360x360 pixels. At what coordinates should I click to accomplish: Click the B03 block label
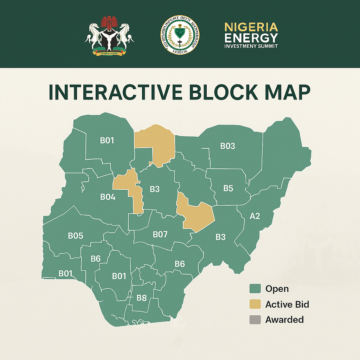(227, 146)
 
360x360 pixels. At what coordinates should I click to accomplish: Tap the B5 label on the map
(228, 188)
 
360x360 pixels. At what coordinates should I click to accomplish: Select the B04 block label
(108, 197)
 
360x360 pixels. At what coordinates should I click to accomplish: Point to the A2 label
(255, 216)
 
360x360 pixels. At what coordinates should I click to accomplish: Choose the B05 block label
(76, 236)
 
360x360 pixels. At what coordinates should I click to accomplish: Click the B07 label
(160, 234)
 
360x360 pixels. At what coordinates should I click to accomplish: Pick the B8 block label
(141, 298)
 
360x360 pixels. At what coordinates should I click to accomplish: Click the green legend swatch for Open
(255, 289)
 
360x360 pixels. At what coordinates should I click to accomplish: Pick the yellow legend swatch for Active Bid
(255, 304)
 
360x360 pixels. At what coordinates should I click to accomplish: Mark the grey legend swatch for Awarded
(255, 320)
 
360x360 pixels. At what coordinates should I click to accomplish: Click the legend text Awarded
(284, 320)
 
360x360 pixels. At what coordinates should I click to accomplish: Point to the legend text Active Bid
(287, 304)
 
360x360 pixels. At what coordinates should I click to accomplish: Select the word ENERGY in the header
(251, 37)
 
